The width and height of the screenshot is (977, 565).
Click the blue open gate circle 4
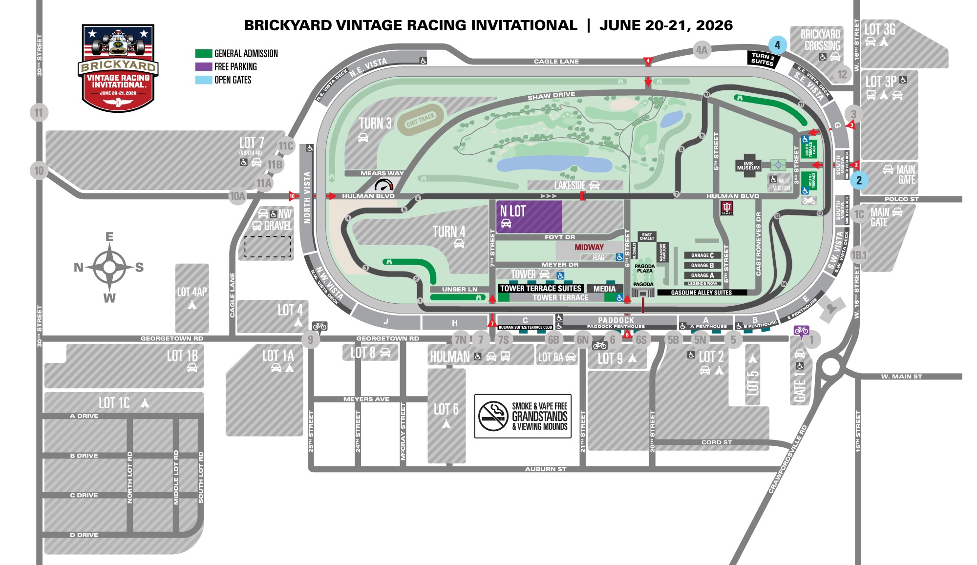[777, 45]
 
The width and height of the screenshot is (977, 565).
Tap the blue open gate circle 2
[859, 180]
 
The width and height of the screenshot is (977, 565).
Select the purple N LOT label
[512, 211]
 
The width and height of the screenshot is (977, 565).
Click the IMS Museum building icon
[748, 166]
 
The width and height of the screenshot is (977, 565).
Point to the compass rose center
[109, 267]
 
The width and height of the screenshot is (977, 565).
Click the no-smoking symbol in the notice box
[493, 416]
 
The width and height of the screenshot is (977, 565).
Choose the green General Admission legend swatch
[203, 54]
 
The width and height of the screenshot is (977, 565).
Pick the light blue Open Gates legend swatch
[203, 80]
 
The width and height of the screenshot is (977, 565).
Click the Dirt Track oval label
[421, 120]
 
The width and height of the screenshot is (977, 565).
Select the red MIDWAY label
[589, 247]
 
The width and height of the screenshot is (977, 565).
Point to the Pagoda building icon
[643, 292]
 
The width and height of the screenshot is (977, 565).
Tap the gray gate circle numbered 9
[310, 339]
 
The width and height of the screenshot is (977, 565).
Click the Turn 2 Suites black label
[763, 59]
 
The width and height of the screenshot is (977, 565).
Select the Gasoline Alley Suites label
[701, 293]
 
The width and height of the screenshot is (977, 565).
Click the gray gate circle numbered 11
[39, 113]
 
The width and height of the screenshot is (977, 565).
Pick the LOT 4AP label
[191, 292]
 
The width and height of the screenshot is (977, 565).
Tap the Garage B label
[702, 265]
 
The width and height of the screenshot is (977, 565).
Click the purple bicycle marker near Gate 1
[801, 331]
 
